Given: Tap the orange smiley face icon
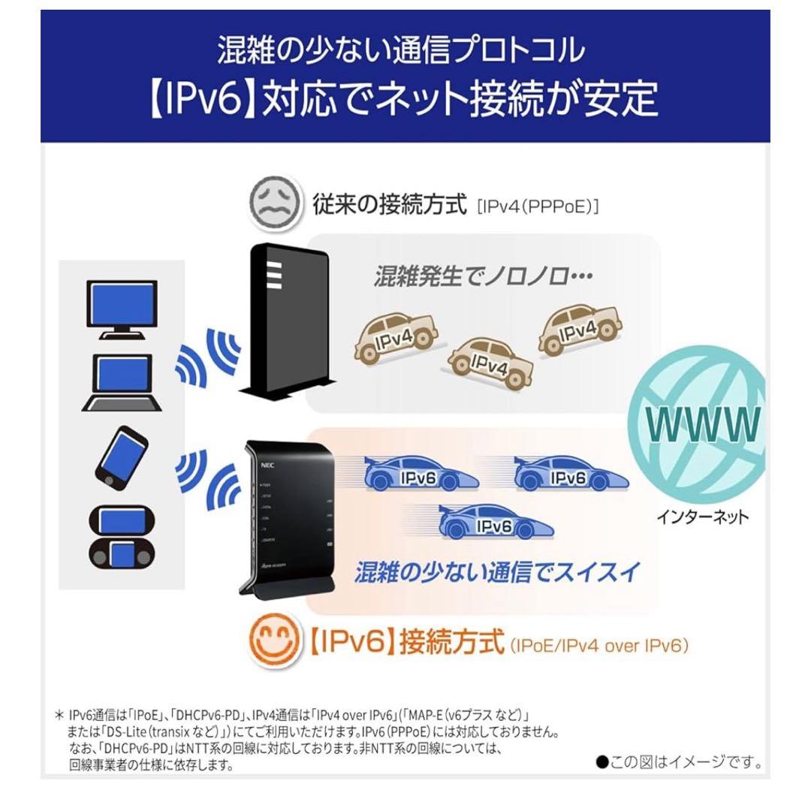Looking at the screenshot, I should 273,641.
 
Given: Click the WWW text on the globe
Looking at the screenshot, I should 704,424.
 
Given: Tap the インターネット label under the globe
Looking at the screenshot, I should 702,517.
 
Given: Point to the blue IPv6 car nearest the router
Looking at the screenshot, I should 421,475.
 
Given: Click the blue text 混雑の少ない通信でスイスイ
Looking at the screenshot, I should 497,573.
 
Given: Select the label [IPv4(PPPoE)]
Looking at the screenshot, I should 538,206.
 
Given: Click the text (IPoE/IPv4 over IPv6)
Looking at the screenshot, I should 598,644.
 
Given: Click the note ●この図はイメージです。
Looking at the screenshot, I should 679,763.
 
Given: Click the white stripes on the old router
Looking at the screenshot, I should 272,276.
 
